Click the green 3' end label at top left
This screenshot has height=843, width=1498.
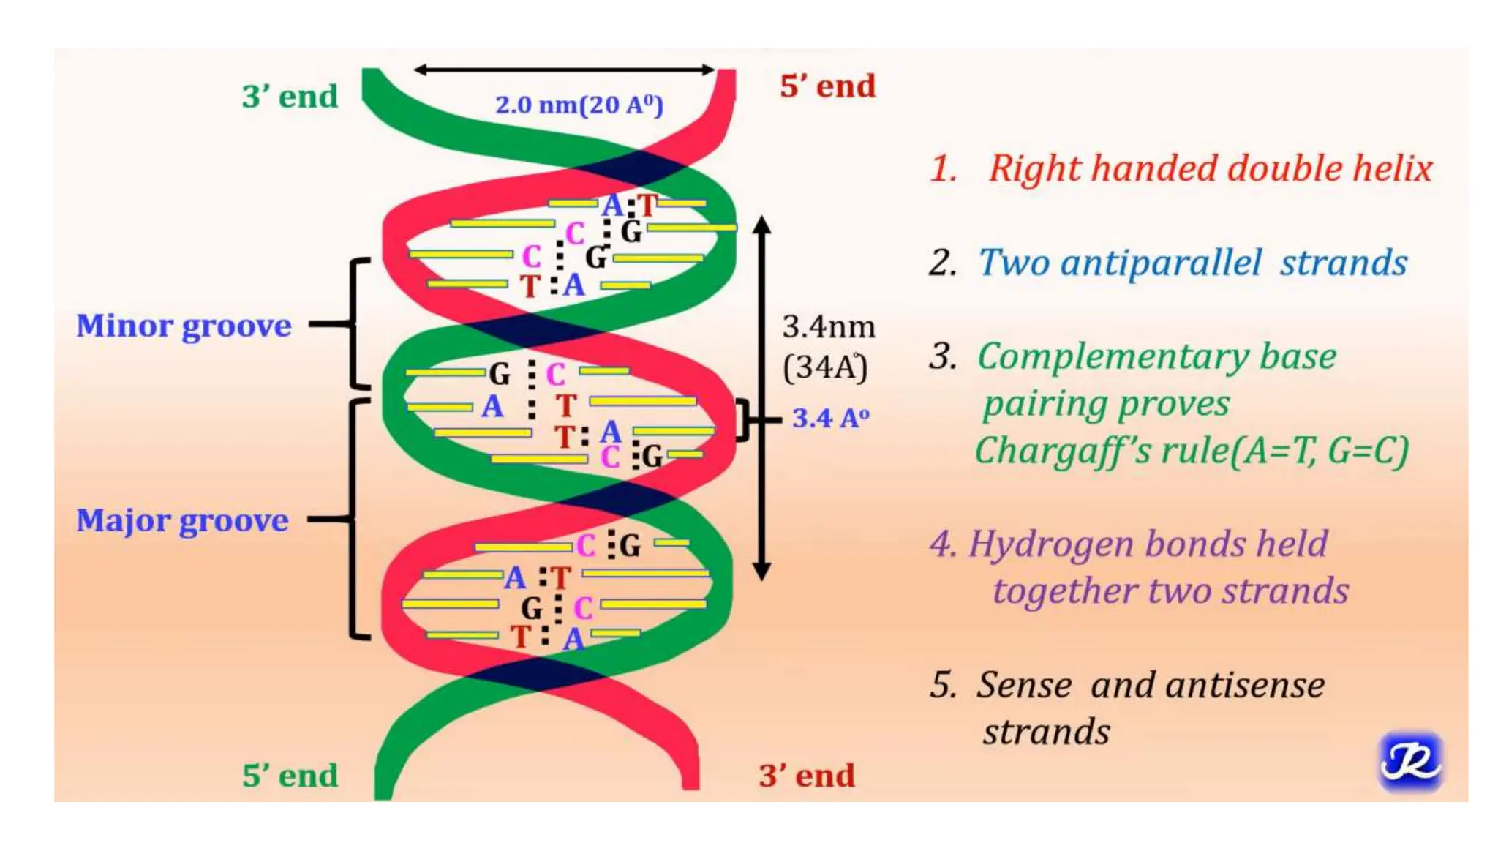[x=290, y=97]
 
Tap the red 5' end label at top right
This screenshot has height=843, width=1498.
[x=827, y=86]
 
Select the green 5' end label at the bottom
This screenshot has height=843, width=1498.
[x=290, y=776]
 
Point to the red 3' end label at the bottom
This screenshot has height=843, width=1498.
[x=807, y=776]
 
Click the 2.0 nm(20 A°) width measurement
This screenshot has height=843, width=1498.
[x=579, y=105]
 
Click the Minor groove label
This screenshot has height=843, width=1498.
[x=184, y=326]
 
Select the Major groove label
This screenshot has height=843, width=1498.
[x=182, y=520]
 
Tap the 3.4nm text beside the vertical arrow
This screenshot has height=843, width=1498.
[x=828, y=326]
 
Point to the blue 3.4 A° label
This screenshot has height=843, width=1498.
[x=830, y=419]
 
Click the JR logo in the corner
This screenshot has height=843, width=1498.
[x=1409, y=762]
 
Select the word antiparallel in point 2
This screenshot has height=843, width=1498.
[x=1161, y=263]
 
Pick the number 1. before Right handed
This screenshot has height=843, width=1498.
[x=944, y=169]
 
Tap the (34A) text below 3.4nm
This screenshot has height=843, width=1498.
[x=825, y=367]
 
